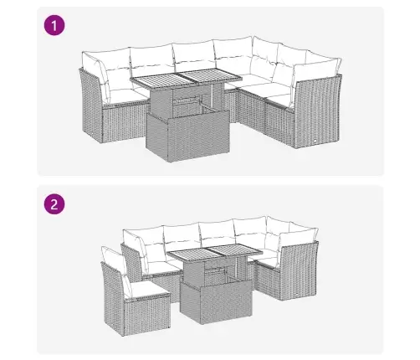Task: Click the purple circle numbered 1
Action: (54, 26)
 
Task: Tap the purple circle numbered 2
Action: (54, 204)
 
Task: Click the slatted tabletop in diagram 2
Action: (216, 252)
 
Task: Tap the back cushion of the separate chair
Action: (115, 269)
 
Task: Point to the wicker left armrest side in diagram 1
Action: (91, 105)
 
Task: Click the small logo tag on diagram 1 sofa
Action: (315, 141)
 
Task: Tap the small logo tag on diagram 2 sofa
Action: (296, 295)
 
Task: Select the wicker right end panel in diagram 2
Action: (299, 271)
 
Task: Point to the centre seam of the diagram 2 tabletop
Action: (216, 252)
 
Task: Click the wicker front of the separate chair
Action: (147, 316)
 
